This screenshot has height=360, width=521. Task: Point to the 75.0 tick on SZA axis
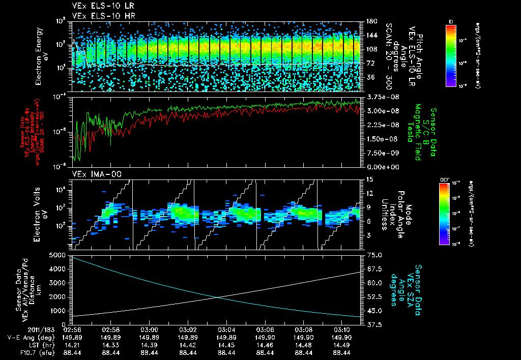(x=371, y=255)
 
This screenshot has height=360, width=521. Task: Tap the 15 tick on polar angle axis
(x=367, y=179)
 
